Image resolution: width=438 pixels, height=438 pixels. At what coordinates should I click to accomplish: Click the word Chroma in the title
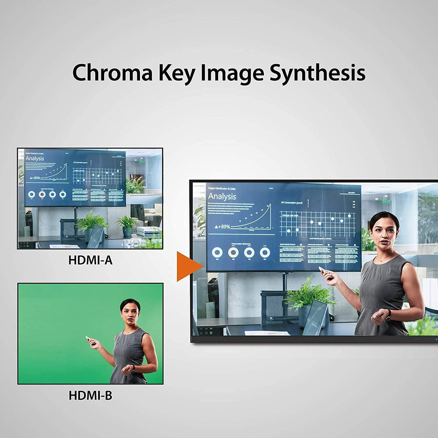coord(112,73)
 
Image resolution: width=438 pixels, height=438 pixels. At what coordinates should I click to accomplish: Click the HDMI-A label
coord(90,260)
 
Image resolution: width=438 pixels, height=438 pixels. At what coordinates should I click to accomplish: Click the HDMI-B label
coord(90,395)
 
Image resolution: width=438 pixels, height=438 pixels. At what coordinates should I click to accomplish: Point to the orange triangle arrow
coord(188,266)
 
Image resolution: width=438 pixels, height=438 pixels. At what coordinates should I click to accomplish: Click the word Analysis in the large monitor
coord(222,197)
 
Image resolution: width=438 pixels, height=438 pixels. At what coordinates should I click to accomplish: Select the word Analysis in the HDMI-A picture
coord(34,159)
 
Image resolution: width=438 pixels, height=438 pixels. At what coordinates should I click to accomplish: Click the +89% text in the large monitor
coord(220,227)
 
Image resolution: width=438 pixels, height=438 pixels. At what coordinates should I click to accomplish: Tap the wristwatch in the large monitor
coord(388,314)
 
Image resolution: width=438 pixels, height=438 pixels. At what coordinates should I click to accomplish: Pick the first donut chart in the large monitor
coord(217,253)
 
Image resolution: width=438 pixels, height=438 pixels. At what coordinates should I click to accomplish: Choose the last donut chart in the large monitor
coord(265,253)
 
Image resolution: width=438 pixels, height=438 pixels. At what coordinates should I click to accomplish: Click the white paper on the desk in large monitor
coord(267,333)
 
